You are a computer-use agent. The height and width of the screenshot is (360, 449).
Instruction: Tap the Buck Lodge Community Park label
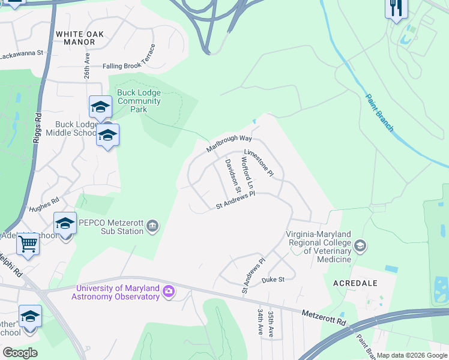click(x=139, y=101)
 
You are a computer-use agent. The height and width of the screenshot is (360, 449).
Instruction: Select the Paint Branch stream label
click(x=379, y=112)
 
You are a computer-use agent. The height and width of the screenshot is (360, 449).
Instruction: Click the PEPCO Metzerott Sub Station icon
click(x=152, y=226)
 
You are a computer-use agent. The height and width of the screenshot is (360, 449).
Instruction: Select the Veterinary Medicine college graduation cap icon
click(x=360, y=245)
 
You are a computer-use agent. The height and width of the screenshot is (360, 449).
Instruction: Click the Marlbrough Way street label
click(x=229, y=143)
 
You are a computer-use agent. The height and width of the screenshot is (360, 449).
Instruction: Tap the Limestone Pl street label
click(x=259, y=163)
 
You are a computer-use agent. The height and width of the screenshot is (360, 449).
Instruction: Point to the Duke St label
click(x=273, y=280)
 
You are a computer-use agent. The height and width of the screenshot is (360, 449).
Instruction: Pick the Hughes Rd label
click(x=44, y=205)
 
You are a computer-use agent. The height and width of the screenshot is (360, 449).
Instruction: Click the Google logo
click(x=20, y=352)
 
